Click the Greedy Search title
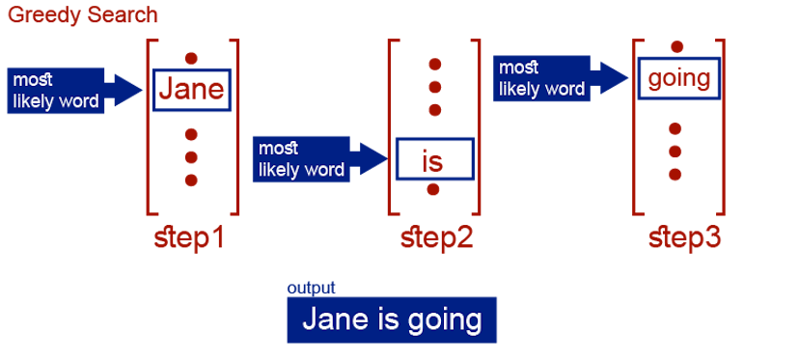[82, 16]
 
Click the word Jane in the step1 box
[191, 91]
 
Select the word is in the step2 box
[433, 160]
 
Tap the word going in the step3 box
[678, 79]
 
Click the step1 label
[190, 238]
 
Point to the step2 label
[436, 238]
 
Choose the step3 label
[684, 238]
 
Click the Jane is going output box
[391, 319]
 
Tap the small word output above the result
[311, 289]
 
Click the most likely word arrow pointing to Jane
[72, 91]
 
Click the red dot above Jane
[191, 56]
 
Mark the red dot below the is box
[434, 189]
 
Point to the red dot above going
[676, 46]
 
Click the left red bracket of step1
[149, 125]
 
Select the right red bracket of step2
[478, 125]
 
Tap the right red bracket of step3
[723, 125]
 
